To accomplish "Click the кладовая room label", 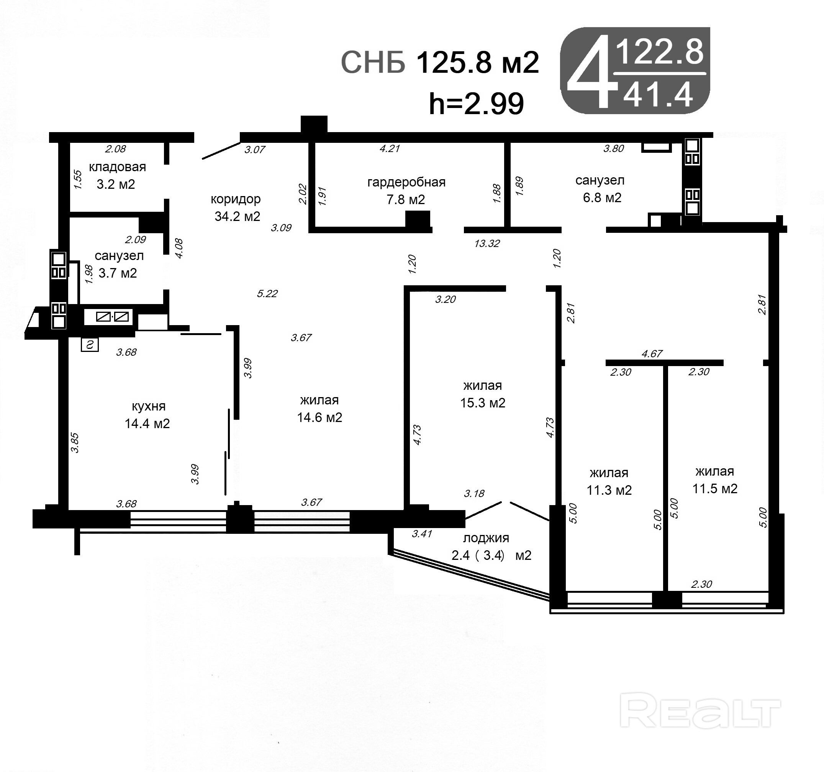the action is pyautogui.click(x=117, y=167).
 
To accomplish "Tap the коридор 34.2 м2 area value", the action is pyautogui.click(x=237, y=216).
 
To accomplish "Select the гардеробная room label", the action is pyautogui.click(x=406, y=182).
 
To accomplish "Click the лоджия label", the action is pyautogui.click(x=486, y=538).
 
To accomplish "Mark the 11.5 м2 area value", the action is pyautogui.click(x=715, y=489).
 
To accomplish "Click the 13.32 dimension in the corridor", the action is pyautogui.click(x=487, y=243).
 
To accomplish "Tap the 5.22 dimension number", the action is pyautogui.click(x=267, y=293).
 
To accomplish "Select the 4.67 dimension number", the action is pyautogui.click(x=652, y=353).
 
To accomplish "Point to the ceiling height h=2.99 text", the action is pyautogui.click(x=476, y=104).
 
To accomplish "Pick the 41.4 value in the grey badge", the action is pyautogui.click(x=658, y=95).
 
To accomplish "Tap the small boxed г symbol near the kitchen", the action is pyautogui.click(x=90, y=345).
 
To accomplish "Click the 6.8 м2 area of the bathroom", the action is pyautogui.click(x=602, y=198).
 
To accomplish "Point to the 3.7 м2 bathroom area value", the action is pyautogui.click(x=118, y=273).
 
